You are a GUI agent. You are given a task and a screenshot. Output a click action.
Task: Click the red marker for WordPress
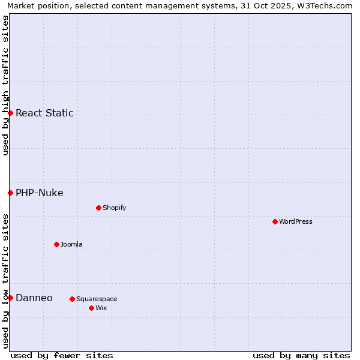click(x=275, y=221)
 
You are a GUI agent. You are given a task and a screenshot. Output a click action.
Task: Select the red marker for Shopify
click(x=98, y=208)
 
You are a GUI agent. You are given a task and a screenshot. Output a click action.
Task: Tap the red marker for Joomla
click(x=56, y=244)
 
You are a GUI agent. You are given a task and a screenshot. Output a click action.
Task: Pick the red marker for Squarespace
click(x=72, y=299)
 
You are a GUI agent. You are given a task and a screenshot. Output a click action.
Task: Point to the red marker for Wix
click(x=91, y=308)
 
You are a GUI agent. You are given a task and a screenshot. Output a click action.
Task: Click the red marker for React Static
click(x=10, y=113)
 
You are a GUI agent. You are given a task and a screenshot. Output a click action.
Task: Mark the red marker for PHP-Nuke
click(x=10, y=193)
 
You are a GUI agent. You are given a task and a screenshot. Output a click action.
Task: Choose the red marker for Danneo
click(x=10, y=298)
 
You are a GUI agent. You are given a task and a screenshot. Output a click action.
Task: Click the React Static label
click(x=44, y=113)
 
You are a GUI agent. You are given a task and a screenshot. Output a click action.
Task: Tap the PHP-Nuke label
click(x=40, y=193)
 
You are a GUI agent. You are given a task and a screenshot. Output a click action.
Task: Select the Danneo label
click(x=34, y=298)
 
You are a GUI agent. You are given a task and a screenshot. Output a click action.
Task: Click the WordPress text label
click(x=296, y=221)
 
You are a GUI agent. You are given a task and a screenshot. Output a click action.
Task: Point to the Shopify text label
click(x=115, y=208)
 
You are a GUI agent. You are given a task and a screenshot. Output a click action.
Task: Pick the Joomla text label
click(x=71, y=244)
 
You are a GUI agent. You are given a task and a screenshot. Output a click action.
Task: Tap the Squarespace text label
click(x=97, y=299)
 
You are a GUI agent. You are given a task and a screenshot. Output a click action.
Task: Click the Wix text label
click(x=101, y=308)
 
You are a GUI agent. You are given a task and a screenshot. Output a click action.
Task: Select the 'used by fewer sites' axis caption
click(x=62, y=355)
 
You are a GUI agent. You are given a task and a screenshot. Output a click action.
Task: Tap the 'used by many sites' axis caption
click(x=301, y=355)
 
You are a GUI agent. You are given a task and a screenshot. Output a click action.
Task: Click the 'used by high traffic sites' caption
click(x=5, y=85)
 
